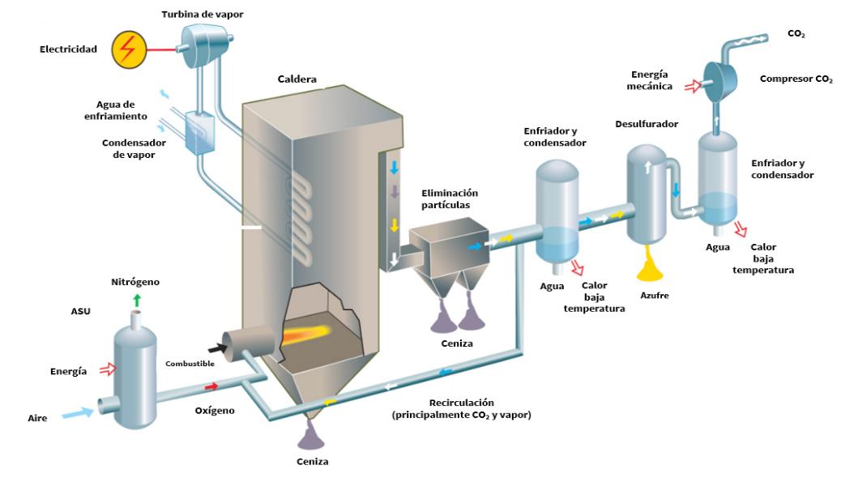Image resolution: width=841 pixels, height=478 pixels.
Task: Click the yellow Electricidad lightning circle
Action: click(x=129, y=49)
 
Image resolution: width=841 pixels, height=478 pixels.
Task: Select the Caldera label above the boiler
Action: click(x=297, y=79)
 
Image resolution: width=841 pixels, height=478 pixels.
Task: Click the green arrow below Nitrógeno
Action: click(x=137, y=301)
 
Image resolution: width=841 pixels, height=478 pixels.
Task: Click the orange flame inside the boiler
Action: click(x=312, y=331)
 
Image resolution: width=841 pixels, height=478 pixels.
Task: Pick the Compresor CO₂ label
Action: click(x=796, y=79)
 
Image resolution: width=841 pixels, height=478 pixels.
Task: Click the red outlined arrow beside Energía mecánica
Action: click(x=690, y=83)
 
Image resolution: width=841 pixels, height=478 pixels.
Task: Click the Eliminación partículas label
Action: click(x=450, y=199)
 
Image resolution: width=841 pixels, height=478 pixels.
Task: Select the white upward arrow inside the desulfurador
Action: click(x=647, y=167)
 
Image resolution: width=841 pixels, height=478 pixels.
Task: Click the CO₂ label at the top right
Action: click(x=796, y=34)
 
